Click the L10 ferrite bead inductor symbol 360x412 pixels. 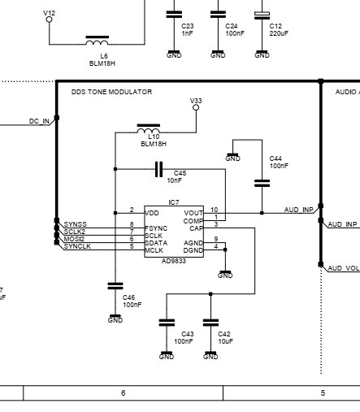(x=149, y=128)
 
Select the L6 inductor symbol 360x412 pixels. (x=98, y=41)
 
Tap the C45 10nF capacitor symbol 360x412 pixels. (x=159, y=169)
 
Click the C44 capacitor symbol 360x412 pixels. (x=262, y=184)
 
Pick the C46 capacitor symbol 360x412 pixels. (x=115, y=286)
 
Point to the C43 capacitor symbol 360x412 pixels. (x=167, y=323)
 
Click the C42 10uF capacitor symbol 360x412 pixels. (x=210, y=323)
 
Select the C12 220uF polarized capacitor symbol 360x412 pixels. (x=262, y=15)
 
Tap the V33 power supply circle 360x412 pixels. (x=196, y=107)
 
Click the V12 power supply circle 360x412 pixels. (x=49, y=20)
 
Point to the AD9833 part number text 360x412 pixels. (x=174, y=261)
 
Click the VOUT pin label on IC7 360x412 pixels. (x=193, y=213)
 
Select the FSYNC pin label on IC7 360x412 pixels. (x=156, y=228)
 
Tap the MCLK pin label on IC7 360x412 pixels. (x=154, y=250)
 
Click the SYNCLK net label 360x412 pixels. (x=77, y=246)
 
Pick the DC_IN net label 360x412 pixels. (x=39, y=121)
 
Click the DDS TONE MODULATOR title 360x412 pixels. (x=111, y=92)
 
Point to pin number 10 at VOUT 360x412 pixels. (x=214, y=210)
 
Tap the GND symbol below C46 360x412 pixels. (x=115, y=319)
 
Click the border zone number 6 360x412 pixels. (x=124, y=392)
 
